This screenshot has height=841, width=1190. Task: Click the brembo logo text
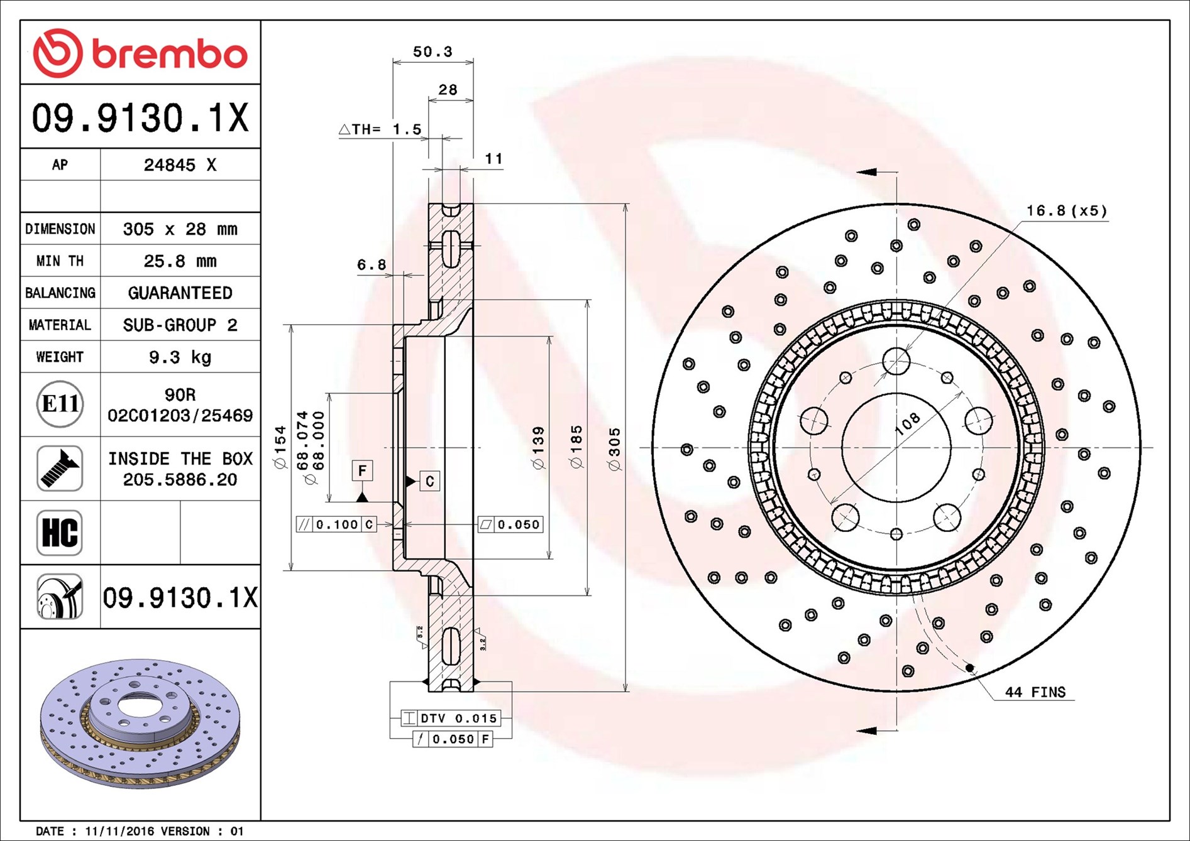pos(170,54)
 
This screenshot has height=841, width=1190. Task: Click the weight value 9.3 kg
pos(180,357)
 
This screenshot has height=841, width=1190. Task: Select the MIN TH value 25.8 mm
pos(180,261)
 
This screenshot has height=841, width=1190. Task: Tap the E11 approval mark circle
pos(60,404)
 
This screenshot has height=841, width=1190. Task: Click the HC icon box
pos(60,533)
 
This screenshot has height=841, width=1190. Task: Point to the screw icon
pos(60,469)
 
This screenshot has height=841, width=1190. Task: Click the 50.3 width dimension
pos(432,52)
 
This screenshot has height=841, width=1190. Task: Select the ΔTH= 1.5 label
pos(380,129)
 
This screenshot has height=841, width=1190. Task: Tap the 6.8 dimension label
pos(372,265)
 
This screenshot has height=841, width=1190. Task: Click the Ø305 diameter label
pos(615,449)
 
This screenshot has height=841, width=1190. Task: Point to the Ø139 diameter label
pos(539,448)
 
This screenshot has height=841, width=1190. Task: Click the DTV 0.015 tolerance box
pos(451,718)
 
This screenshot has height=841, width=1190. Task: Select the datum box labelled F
pos(362,470)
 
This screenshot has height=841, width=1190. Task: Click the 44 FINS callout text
pos(1035,692)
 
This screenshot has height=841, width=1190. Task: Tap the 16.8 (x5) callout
pos(1067,210)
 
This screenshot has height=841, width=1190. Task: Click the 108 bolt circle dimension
pos(907,424)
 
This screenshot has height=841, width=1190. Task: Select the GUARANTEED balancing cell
pos(180,293)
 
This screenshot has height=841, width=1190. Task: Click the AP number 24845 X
pos(180,165)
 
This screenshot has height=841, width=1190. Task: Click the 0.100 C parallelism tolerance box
pos(336,524)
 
